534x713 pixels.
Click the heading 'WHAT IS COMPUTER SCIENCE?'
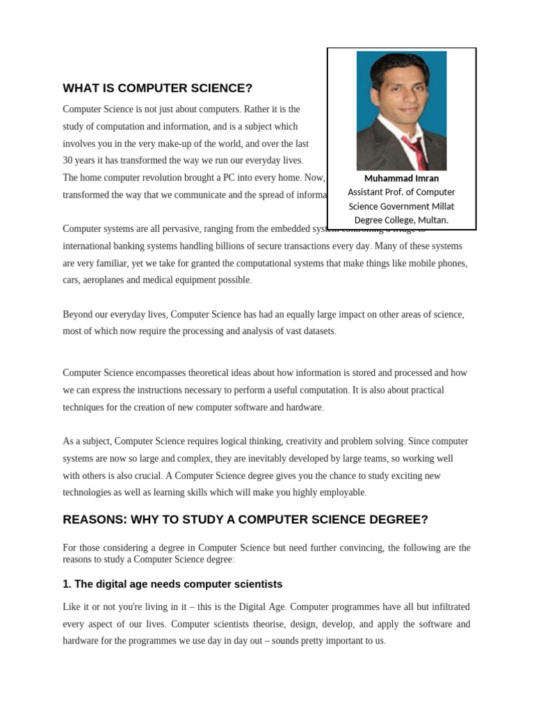(157, 88)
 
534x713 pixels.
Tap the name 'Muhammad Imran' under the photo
(401, 178)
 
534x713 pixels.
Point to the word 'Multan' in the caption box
(432, 220)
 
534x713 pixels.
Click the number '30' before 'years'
(68, 160)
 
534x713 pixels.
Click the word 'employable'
(339, 492)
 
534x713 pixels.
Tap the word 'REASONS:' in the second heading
(92, 520)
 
